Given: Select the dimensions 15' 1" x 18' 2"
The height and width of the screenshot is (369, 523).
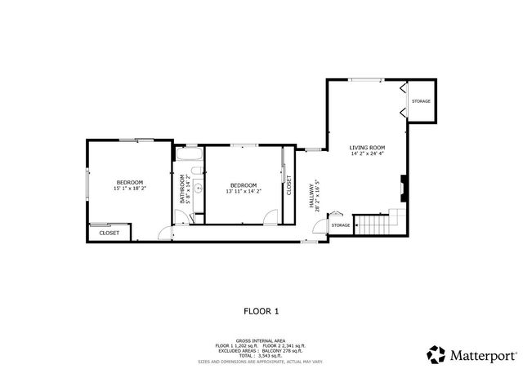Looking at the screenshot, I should click(x=129, y=189).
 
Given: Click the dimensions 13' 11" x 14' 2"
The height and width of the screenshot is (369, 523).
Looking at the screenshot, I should click(x=244, y=191).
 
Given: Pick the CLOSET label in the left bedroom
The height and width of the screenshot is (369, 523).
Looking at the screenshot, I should click(x=109, y=233).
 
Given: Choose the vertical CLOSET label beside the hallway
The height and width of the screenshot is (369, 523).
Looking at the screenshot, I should click(x=288, y=185).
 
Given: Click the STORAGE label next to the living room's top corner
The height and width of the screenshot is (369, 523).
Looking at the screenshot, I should click(x=421, y=101).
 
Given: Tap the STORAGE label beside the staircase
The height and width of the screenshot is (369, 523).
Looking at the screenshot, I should click(x=341, y=225).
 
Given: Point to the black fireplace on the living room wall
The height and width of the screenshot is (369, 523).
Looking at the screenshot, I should click(x=402, y=188).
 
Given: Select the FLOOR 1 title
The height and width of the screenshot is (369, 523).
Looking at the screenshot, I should click(x=261, y=310).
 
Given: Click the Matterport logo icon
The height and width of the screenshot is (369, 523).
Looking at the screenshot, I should click(x=436, y=354).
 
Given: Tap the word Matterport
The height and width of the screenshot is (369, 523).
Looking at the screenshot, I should click(x=483, y=355).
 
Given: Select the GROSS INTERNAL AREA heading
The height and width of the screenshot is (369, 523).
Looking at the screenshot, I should click(x=261, y=340).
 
